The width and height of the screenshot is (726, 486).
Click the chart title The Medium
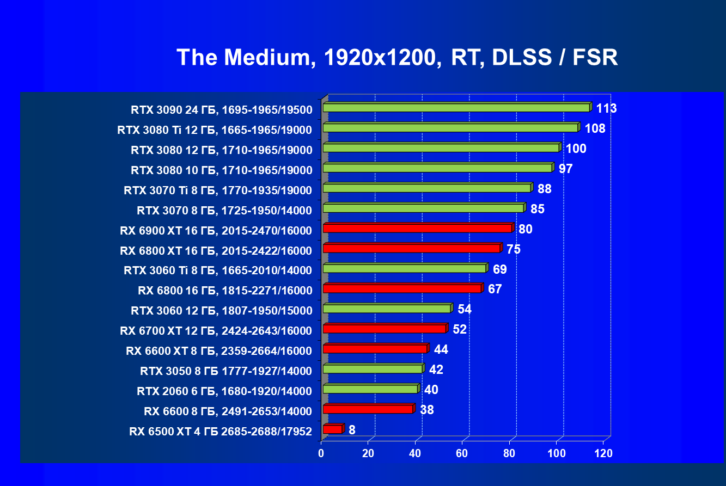click(x=397, y=57)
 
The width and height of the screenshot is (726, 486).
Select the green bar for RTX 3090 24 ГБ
click(x=456, y=108)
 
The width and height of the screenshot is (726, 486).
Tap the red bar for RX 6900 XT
click(x=418, y=228)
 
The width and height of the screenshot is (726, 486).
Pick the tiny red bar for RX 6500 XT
click(x=333, y=429)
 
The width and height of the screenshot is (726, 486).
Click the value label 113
click(x=606, y=108)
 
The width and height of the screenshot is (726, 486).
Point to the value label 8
click(x=352, y=430)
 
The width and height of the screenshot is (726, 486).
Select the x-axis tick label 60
click(x=462, y=453)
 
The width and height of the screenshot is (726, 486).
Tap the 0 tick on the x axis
click(x=321, y=453)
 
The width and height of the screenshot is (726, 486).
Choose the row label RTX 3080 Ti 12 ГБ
click(x=215, y=130)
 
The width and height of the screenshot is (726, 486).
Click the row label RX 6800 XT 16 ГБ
click(x=216, y=250)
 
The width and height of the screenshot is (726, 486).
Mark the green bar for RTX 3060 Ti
click(x=404, y=268)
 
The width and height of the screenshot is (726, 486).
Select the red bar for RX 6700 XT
click(x=385, y=329)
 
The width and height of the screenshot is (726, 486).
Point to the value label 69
click(x=499, y=269)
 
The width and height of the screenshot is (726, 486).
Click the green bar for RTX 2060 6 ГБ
click(x=370, y=389)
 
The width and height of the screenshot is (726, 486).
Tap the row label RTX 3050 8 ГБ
click(x=226, y=371)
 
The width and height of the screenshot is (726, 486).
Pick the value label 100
click(x=576, y=149)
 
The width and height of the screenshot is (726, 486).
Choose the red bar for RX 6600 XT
click(x=375, y=349)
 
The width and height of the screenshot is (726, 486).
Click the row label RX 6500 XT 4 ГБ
click(x=221, y=432)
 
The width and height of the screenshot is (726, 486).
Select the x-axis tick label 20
click(x=368, y=453)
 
